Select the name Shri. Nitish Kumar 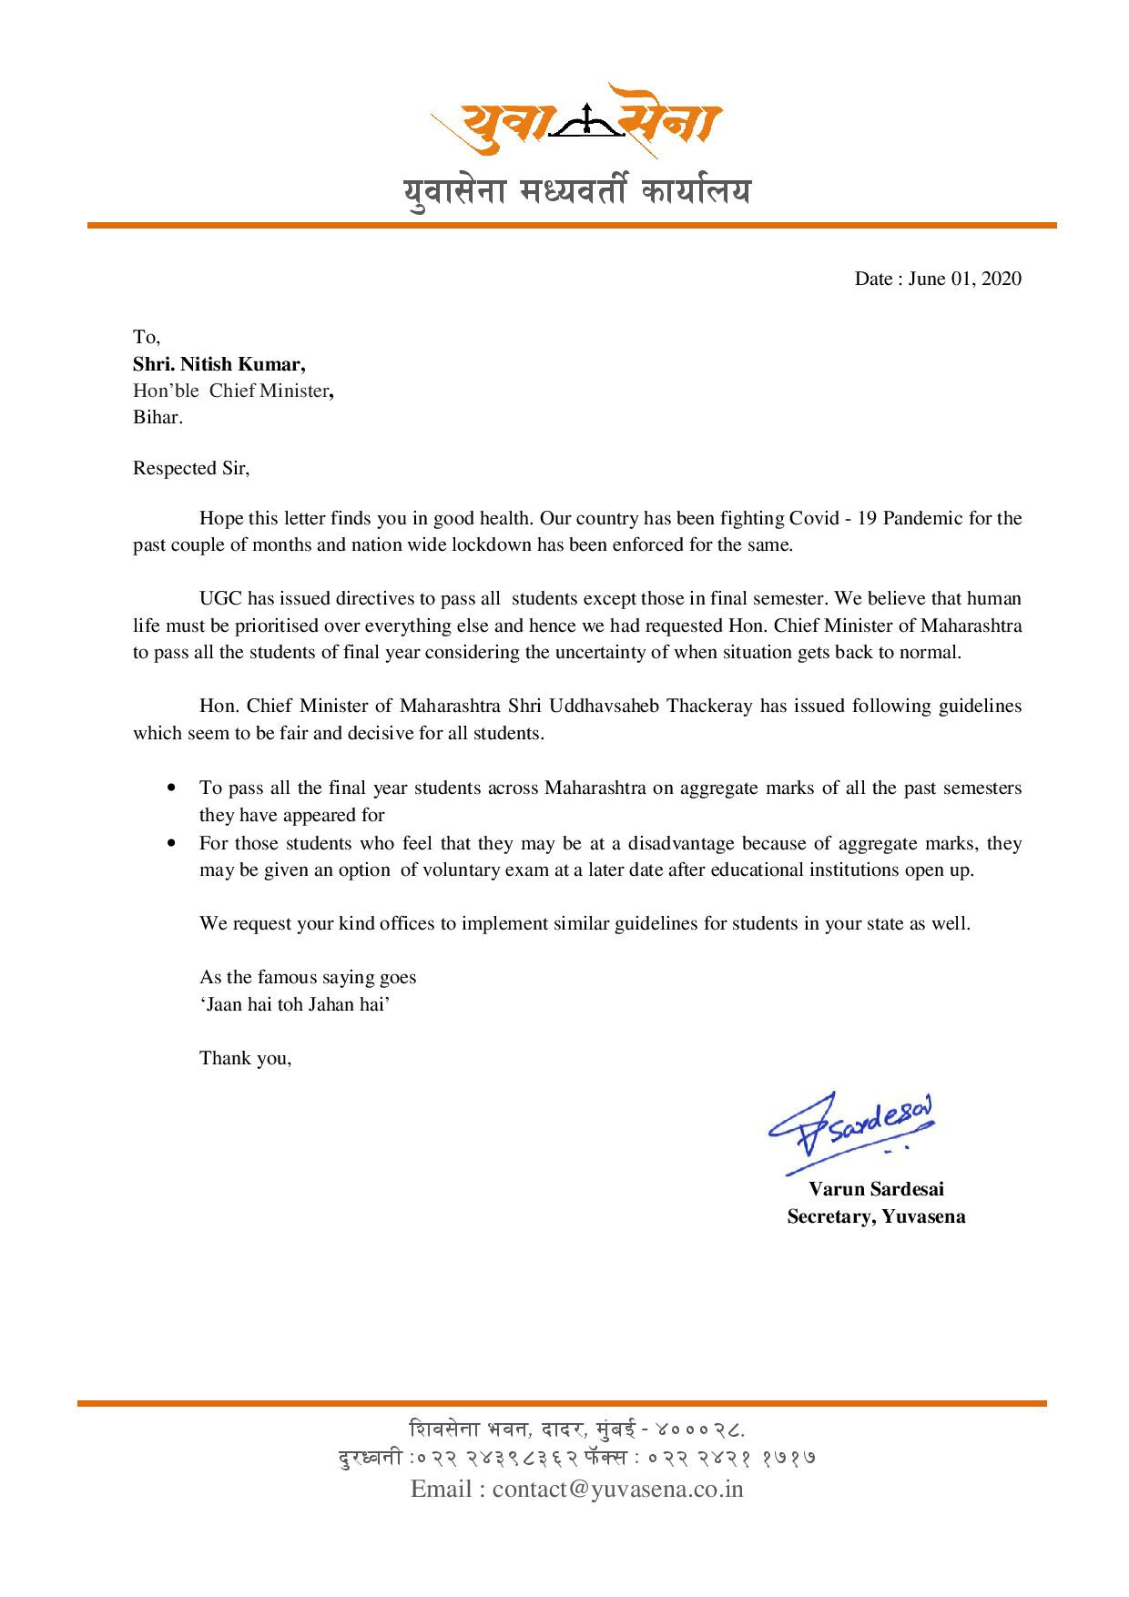tap(219, 364)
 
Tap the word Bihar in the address tap(157, 418)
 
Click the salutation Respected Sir tap(190, 469)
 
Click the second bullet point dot tap(172, 843)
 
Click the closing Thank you tap(245, 1058)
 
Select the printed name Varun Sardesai tap(877, 1189)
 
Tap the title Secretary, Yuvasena tap(876, 1216)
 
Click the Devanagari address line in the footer tap(577, 1427)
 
